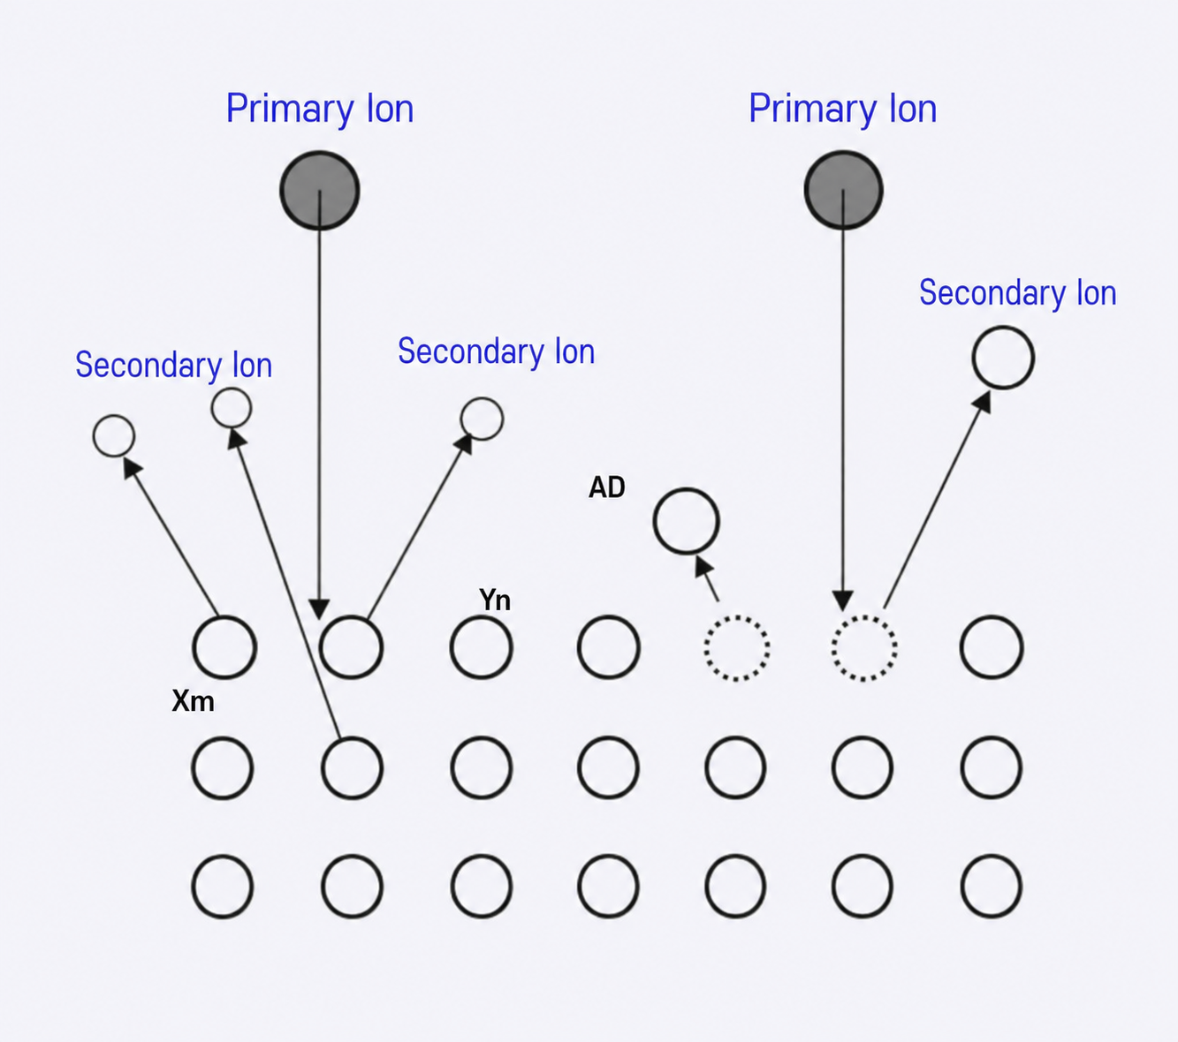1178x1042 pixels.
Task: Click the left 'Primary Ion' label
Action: click(320, 109)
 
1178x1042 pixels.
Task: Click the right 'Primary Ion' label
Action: click(842, 109)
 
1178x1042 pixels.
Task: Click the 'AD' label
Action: click(607, 487)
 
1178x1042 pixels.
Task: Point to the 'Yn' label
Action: click(495, 600)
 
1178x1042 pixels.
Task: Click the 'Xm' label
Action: click(193, 701)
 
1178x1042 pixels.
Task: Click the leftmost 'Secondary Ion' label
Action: click(174, 366)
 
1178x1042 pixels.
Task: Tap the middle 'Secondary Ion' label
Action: click(497, 351)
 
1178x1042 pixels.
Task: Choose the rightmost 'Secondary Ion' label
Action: click(1018, 293)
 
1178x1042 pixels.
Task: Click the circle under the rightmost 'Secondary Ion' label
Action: click(1003, 328)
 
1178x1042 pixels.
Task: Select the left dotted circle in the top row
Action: click(737, 616)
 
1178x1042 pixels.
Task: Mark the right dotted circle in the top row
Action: click(864, 616)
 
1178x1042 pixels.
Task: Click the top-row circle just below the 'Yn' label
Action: click(482, 617)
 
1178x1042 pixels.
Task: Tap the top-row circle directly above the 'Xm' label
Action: click(224, 617)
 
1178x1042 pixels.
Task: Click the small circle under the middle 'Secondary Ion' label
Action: click(482, 398)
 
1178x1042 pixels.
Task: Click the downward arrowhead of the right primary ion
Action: click(843, 600)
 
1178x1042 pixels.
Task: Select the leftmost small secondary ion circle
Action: click(114, 416)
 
